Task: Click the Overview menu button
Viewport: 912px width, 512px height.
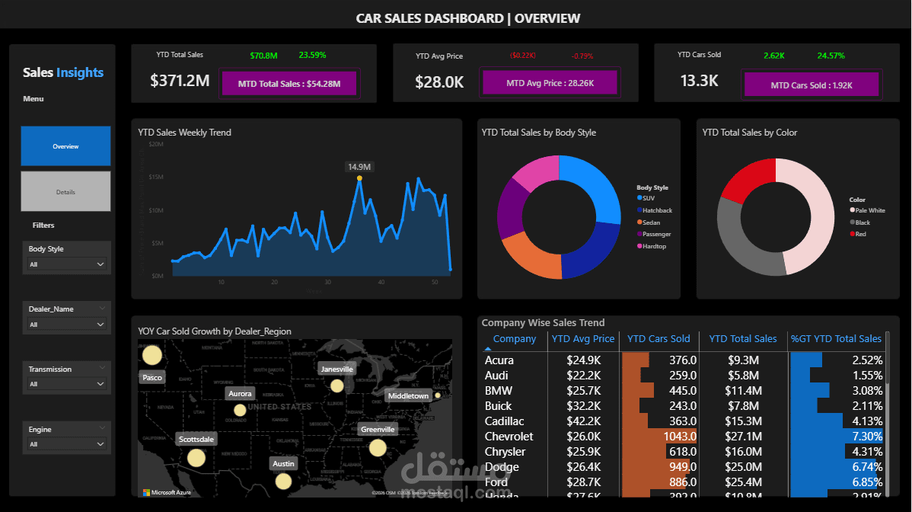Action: (x=65, y=146)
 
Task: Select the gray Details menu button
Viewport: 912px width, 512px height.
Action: (x=65, y=192)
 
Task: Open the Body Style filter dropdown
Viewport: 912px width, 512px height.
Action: (x=66, y=264)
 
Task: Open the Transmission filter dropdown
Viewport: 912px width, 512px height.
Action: (x=66, y=384)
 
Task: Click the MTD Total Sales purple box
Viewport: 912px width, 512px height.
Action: (x=289, y=84)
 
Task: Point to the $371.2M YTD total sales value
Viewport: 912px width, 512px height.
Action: (x=180, y=82)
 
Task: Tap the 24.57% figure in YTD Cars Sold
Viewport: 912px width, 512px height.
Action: (x=831, y=56)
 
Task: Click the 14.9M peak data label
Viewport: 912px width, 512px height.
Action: (x=359, y=167)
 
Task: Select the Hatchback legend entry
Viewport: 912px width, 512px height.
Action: (x=656, y=210)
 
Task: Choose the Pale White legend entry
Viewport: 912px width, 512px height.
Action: (x=869, y=210)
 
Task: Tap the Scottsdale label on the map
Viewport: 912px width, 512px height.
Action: (x=196, y=440)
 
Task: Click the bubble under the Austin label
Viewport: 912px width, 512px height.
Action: (x=283, y=481)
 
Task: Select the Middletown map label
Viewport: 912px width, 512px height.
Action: (x=408, y=396)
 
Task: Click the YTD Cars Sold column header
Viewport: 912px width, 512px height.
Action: (x=658, y=339)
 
